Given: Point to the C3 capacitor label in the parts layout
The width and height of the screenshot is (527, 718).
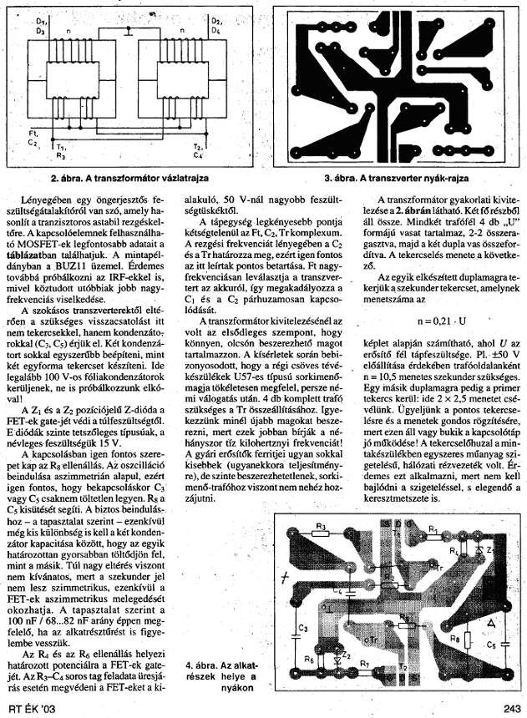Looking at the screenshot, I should (x=302, y=625).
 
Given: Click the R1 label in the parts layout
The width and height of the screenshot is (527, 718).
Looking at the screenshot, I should (x=432, y=529).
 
